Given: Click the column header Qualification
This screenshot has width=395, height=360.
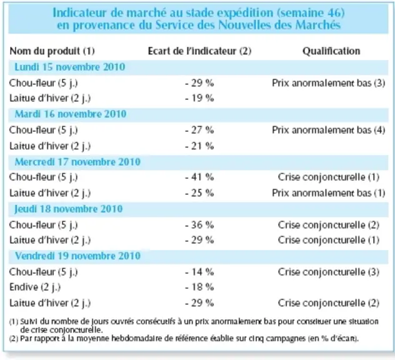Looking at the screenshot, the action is point(331,51).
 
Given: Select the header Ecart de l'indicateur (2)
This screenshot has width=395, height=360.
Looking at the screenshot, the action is point(199,51).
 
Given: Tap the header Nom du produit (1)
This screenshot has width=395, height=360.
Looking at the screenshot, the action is point(52,51).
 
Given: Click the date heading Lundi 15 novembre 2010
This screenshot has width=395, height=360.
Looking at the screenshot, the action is point(70,67).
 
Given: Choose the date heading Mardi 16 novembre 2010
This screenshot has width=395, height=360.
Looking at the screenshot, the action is point(71,114).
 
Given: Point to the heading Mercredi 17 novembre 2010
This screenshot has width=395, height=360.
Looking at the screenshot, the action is point(77,162).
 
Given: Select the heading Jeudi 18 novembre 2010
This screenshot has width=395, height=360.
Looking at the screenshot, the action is point(69,209).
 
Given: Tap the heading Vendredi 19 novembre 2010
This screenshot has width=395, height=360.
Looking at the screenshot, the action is point(77,256).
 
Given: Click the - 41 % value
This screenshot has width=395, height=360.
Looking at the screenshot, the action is point(199,177).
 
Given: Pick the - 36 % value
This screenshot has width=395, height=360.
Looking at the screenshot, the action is point(199,225).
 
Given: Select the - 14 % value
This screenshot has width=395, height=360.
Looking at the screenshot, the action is point(199,272).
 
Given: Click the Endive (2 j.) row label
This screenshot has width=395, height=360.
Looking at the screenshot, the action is point(35,287).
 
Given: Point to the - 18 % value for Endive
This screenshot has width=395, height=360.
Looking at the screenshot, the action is point(199,287).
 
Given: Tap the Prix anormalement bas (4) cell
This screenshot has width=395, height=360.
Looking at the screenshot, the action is point(329,130).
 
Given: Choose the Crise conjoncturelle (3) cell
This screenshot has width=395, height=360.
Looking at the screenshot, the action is point(329,272).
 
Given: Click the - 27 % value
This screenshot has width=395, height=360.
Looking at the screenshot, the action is point(199,130).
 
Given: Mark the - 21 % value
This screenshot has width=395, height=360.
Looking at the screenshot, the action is point(199,146).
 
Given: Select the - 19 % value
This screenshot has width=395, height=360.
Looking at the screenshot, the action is point(199,98).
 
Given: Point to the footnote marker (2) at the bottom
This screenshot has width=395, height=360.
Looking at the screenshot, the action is point(14,339).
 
